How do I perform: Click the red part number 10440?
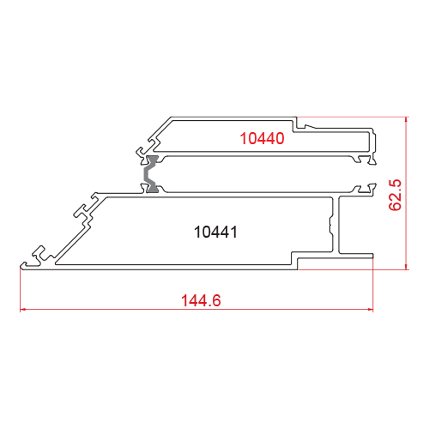pos(262,138)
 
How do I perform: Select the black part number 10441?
pos(215,232)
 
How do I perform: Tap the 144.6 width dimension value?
pos(201,300)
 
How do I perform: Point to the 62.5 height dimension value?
pos(396,195)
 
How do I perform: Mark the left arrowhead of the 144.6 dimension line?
pos(23,309)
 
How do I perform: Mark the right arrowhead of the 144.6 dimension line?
pos(370,309)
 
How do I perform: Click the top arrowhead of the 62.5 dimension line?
pos(407,120)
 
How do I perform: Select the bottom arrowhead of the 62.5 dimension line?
pos(407,266)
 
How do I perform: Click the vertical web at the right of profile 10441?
pos(336,225)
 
